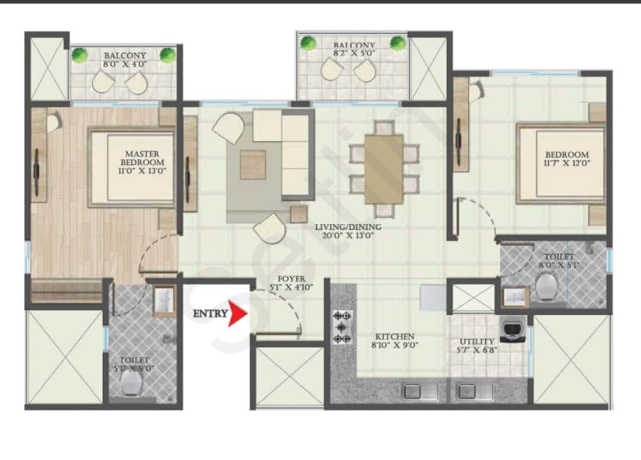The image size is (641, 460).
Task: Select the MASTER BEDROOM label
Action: point(142,158)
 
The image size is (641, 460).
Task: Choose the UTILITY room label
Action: point(477,342)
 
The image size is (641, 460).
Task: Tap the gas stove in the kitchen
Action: point(342,327)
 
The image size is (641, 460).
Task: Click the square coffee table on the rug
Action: point(253,164)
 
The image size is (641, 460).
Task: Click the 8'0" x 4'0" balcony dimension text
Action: point(125,64)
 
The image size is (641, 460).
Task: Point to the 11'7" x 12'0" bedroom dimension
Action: point(566,163)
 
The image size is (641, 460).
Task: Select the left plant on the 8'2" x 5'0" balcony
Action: point(307,43)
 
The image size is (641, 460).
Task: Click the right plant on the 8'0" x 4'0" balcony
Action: point(168,56)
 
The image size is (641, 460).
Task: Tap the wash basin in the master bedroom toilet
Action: point(163,301)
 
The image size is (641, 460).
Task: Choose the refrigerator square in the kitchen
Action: point(432,298)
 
